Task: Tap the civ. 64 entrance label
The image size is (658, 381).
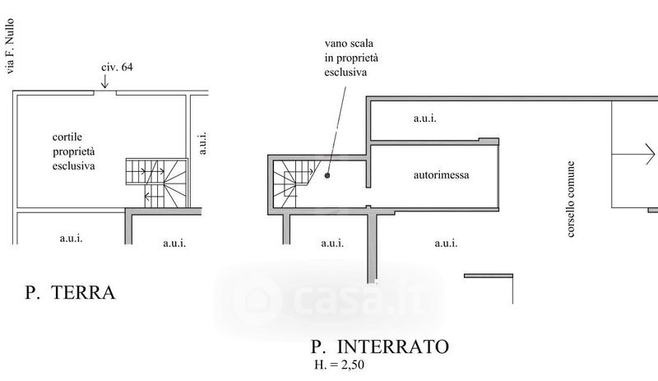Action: [x=117, y=67]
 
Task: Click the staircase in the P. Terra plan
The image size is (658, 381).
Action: [x=155, y=182]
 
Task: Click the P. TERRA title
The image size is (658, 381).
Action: [x=69, y=292]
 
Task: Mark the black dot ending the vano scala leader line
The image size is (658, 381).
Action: [x=327, y=174]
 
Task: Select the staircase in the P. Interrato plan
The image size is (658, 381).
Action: [x=292, y=184]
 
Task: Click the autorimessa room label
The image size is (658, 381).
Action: [x=442, y=175]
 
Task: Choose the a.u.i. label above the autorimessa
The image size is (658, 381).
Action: [x=424, y=118]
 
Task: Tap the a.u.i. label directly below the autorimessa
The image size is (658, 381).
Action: [x=446, y=243]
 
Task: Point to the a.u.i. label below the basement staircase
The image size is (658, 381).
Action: [x=331, y=243]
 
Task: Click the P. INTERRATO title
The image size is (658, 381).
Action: [x=380, y=347]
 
